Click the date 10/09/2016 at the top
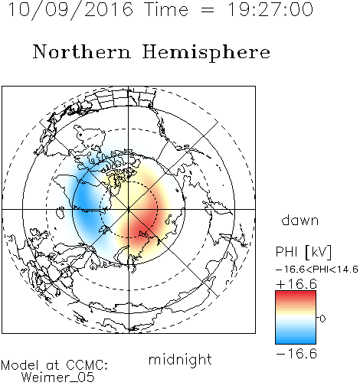(x=70, y=10)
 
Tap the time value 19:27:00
(x=270, y=10)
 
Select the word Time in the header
(x=166, y=10)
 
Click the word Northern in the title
(x=82, y=52)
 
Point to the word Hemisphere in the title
(x=206, y=53)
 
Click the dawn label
(x=300, y=221)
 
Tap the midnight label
(x=180, y=360)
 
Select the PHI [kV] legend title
(x=303, y=252)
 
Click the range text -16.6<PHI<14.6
(x=317, y=270)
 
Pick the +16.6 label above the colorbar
(x=296, y=284)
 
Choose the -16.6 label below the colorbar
(x=296, y=354)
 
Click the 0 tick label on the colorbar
(x=322, y=319)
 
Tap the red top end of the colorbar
(x=296, y=293)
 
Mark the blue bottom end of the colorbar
(x=296, y=341)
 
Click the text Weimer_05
(x=58, y=378)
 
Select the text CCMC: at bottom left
(x=87, y=365)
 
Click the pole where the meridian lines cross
(x=129, y=209)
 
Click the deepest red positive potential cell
(x=143, y=224)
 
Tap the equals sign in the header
(x=208, y=10)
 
